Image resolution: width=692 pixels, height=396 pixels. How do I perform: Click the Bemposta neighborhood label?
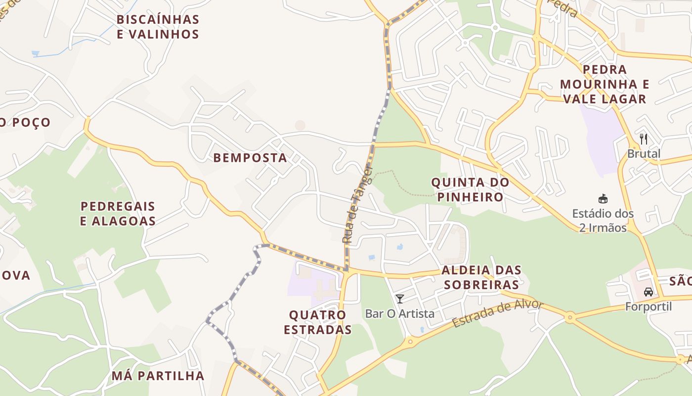(250, 158)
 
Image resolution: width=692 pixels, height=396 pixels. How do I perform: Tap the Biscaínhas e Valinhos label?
(158, 27)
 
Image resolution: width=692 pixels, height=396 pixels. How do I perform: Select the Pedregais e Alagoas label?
(118, 213)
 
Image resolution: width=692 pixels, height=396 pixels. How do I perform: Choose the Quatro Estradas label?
(317, 322)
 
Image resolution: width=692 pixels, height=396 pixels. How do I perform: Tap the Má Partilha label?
(158, 376)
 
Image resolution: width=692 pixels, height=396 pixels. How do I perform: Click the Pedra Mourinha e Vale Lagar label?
(605, 84)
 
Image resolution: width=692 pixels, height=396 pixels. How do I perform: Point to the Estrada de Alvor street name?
(497, 313)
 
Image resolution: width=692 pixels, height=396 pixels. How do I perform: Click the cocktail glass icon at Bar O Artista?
(400, 298)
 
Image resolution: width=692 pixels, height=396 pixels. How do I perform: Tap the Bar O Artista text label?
(400, 313)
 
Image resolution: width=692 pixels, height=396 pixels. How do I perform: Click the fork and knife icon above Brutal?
(643, 139)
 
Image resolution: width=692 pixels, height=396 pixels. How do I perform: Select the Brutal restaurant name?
(644, 153)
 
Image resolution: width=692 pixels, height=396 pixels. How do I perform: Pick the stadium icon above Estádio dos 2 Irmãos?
(603, 199)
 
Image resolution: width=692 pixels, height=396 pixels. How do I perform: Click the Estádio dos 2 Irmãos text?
(603, 221)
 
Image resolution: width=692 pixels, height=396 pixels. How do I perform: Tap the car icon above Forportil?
(649, 292)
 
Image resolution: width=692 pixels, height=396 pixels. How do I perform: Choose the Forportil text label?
(649, 307)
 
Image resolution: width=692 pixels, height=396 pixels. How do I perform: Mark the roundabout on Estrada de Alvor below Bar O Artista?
(410, 342)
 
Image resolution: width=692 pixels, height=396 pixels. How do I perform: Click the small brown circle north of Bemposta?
(300, 126)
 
